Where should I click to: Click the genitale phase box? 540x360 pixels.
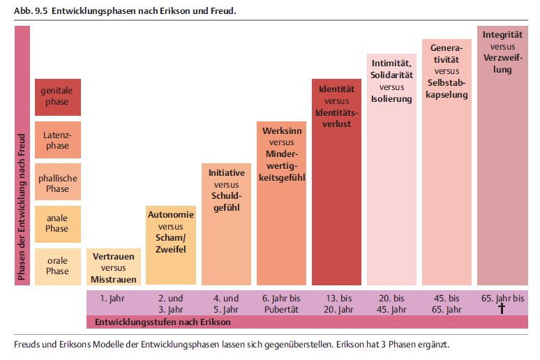click(58, 97)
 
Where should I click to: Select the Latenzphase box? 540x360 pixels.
click(58, 140)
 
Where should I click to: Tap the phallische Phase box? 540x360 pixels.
click(58, 182)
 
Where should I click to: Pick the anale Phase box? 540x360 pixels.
click(58, 224)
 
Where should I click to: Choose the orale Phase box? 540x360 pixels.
click(58, 267)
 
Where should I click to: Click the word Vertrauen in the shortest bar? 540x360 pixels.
click(114, 257)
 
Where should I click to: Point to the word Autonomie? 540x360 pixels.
click(171, 215)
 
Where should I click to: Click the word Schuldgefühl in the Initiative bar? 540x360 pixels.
click(227, 202)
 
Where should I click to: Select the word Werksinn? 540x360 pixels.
click(282, 131)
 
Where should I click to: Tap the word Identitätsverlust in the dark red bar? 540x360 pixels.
click(336, 119)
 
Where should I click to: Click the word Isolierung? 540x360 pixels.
click(391, 99)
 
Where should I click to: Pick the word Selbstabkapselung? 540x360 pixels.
click(447, 89)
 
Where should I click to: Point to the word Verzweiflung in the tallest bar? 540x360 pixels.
click(502, 63)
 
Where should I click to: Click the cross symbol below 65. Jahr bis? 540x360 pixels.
click(502, 308)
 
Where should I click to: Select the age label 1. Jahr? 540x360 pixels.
click(112, 299)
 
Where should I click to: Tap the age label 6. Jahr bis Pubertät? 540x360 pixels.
click(281, 304)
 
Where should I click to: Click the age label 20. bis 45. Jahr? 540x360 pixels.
click(391, 304)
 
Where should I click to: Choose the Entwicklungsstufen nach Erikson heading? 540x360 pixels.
click(163, 322)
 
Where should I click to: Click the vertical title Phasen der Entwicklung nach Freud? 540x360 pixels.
click(22, 207)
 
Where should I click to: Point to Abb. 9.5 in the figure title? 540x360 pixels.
click(31, 11)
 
